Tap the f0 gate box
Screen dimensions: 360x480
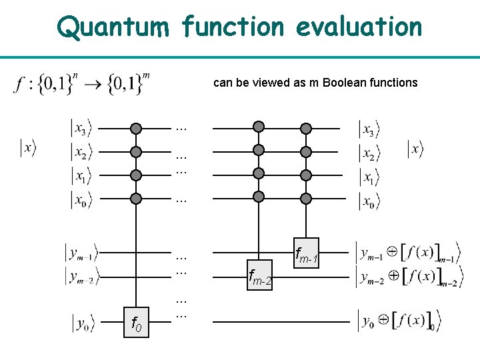136,323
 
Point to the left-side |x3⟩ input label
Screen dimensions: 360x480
81,127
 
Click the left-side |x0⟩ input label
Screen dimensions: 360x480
81,199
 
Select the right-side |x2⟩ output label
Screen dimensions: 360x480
369,153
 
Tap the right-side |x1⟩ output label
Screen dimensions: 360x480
369,176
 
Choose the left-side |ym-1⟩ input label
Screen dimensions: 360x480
81,253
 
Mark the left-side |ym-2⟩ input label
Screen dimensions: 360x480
81,275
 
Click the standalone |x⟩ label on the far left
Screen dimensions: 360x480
27,147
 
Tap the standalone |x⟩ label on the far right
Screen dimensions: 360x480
415,149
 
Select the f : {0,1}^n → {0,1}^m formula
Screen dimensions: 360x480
81,85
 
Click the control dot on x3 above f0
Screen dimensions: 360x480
136,127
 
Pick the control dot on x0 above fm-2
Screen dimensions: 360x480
259,197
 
